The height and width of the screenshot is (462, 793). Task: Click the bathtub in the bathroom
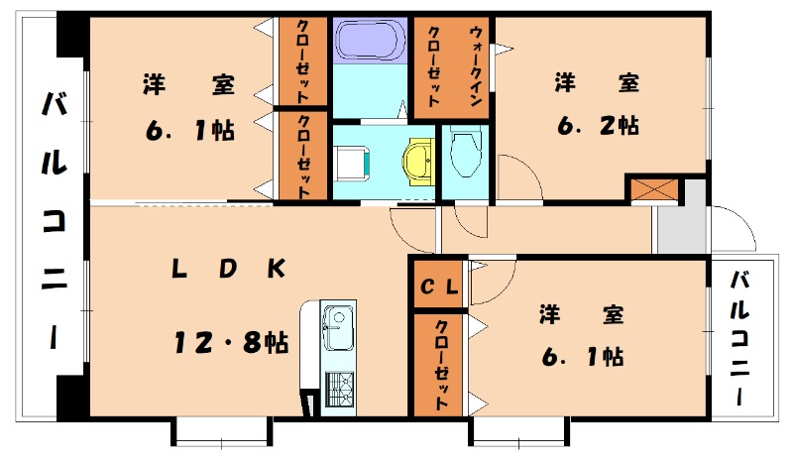pos(371,42)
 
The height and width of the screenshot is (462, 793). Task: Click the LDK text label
pos(228,268)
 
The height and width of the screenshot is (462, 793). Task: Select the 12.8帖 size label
pos(230,344)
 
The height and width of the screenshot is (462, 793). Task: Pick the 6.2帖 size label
pos(597,126)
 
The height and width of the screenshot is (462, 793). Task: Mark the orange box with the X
pos(652,188)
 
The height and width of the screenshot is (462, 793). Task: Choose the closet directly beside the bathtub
pos(303,61)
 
